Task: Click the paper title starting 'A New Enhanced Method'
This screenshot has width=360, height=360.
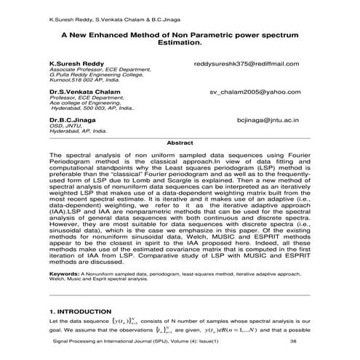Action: click(180, 34)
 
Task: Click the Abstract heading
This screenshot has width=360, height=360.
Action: click(180, 143)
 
